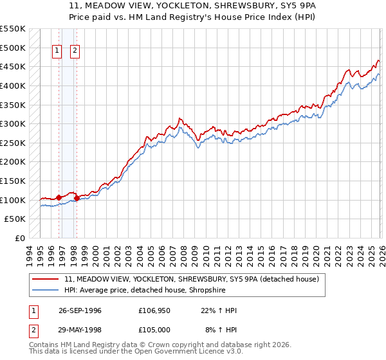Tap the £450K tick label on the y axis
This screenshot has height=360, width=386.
13,67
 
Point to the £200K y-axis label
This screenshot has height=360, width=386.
13,162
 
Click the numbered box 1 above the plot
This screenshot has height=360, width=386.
57,51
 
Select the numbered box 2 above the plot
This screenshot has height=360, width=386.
75,51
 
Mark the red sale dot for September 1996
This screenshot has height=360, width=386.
59,197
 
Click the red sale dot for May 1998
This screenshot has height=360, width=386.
77,198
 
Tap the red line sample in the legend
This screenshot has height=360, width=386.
46,280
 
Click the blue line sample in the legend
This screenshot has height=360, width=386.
46,291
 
